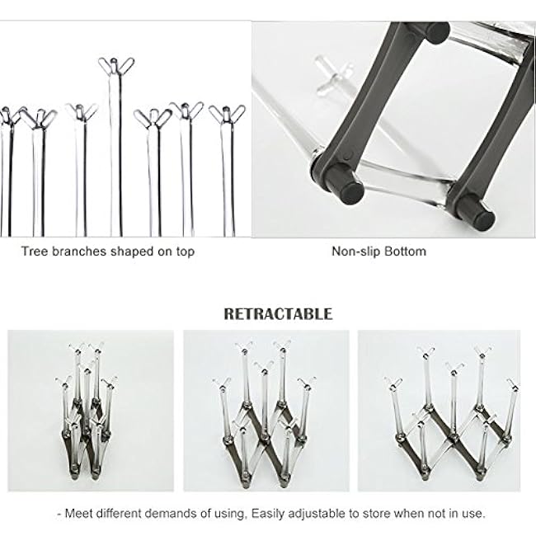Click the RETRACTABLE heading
coord(278,314)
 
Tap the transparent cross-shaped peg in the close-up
coord(332,75)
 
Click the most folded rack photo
coord(91,411)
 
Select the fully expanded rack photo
coord(440,411)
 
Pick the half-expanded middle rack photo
coord(266,411)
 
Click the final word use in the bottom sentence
coord(475,514)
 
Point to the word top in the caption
coord(186,252)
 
